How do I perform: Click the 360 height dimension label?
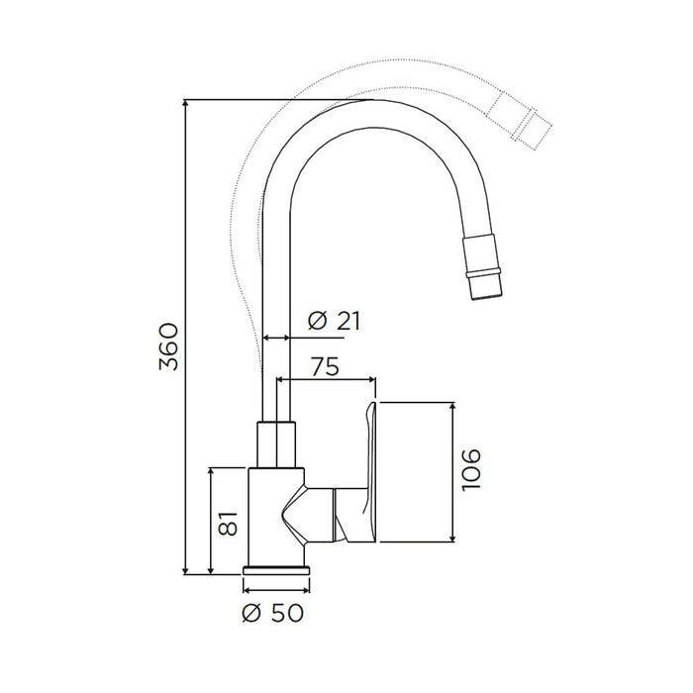168,346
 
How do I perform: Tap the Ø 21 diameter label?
335,321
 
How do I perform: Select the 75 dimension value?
325,366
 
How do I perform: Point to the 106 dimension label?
470,469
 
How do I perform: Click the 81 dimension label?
228,524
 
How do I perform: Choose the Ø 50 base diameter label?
273,613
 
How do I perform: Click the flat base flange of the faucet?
276,570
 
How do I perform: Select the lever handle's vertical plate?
370,472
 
